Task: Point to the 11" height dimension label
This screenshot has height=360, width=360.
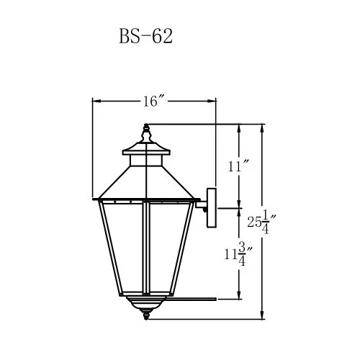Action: [x=237, y=167]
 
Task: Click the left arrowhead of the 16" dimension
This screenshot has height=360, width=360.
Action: [x=96, y=102]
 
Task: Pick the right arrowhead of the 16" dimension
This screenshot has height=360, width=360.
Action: [x=213, y=102]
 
